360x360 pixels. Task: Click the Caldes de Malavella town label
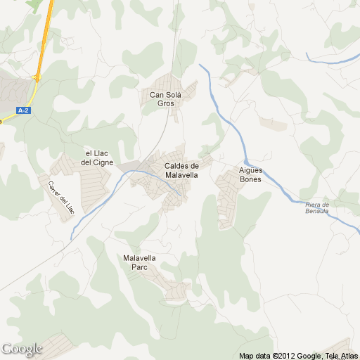[181, 170]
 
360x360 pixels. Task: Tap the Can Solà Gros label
[166, 98]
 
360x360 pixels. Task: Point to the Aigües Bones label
[250, 174]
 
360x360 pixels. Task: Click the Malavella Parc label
[139, 262]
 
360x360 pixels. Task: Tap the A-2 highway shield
[24, 110]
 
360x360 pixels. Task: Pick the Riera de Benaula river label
[322, 207]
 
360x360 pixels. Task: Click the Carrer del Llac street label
[60, 197]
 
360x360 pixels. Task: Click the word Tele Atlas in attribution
[342, 356]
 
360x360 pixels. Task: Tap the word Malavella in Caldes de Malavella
[181, 175]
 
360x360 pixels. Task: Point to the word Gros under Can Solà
[165, 103]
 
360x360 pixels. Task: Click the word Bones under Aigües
[250, 179]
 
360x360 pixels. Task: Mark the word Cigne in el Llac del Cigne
[98, 162]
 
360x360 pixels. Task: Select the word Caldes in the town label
[176, 166]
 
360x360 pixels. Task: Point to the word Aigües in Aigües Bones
[251, 170]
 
